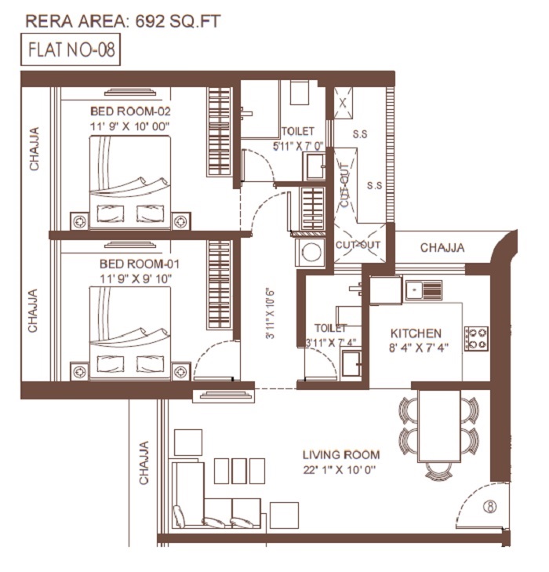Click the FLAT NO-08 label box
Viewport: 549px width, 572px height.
[x=71, y=49]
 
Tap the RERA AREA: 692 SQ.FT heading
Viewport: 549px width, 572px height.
[x=123, y=21]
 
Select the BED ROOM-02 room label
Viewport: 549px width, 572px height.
[x=130, y=111]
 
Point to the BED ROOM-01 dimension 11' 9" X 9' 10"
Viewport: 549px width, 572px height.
[x=136, y=279]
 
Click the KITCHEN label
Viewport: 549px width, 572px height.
[x=416, y=333]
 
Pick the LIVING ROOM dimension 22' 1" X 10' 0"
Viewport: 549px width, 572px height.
[x=340, y=470]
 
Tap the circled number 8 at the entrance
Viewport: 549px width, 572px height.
[x=490, y=506]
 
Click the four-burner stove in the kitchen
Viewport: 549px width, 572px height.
[x=476, y=339]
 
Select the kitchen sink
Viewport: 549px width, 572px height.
[x=424, y=290]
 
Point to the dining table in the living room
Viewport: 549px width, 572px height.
[x=439, y=426]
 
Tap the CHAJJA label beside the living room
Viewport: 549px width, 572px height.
[x=144, y=463]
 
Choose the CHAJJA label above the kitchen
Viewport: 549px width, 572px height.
[x=442, y=248]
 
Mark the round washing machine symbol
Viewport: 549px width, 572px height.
[x=311, y=252]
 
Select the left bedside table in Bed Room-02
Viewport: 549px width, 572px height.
[x=79, y=221]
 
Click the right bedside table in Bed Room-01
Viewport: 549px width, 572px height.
[x=181, y=372]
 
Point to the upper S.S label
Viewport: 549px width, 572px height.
[x=360, y=134]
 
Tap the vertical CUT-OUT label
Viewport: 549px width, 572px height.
[x=344, y=185]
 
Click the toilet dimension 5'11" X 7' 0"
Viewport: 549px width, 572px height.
[x=298, y=146]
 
